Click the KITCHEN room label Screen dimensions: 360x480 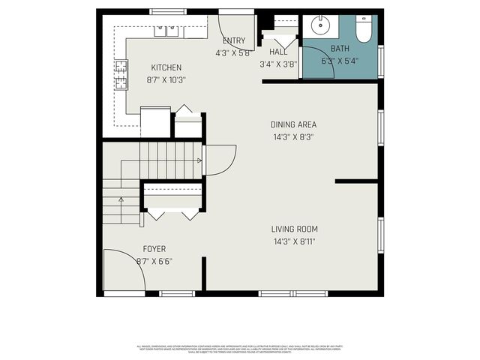click(166, 67)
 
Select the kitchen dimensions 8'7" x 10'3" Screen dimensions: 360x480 click(166, 79)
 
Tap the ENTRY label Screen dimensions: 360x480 click(233, 40)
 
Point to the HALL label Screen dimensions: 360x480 click(277, 52)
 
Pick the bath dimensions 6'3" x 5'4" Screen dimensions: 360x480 click(340, 61)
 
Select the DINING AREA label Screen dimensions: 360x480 click(293, 124)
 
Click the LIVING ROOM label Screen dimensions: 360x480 click(295, 229)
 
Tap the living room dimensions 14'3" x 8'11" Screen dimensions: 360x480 click(295, 241)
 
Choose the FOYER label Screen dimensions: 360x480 click(154, 249)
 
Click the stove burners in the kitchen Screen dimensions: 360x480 click(121, 73)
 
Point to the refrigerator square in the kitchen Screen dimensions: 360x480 click(156, 122)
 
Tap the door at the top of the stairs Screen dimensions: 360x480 click(220, 159)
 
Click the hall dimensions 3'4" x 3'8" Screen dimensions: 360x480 click(277, 64)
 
